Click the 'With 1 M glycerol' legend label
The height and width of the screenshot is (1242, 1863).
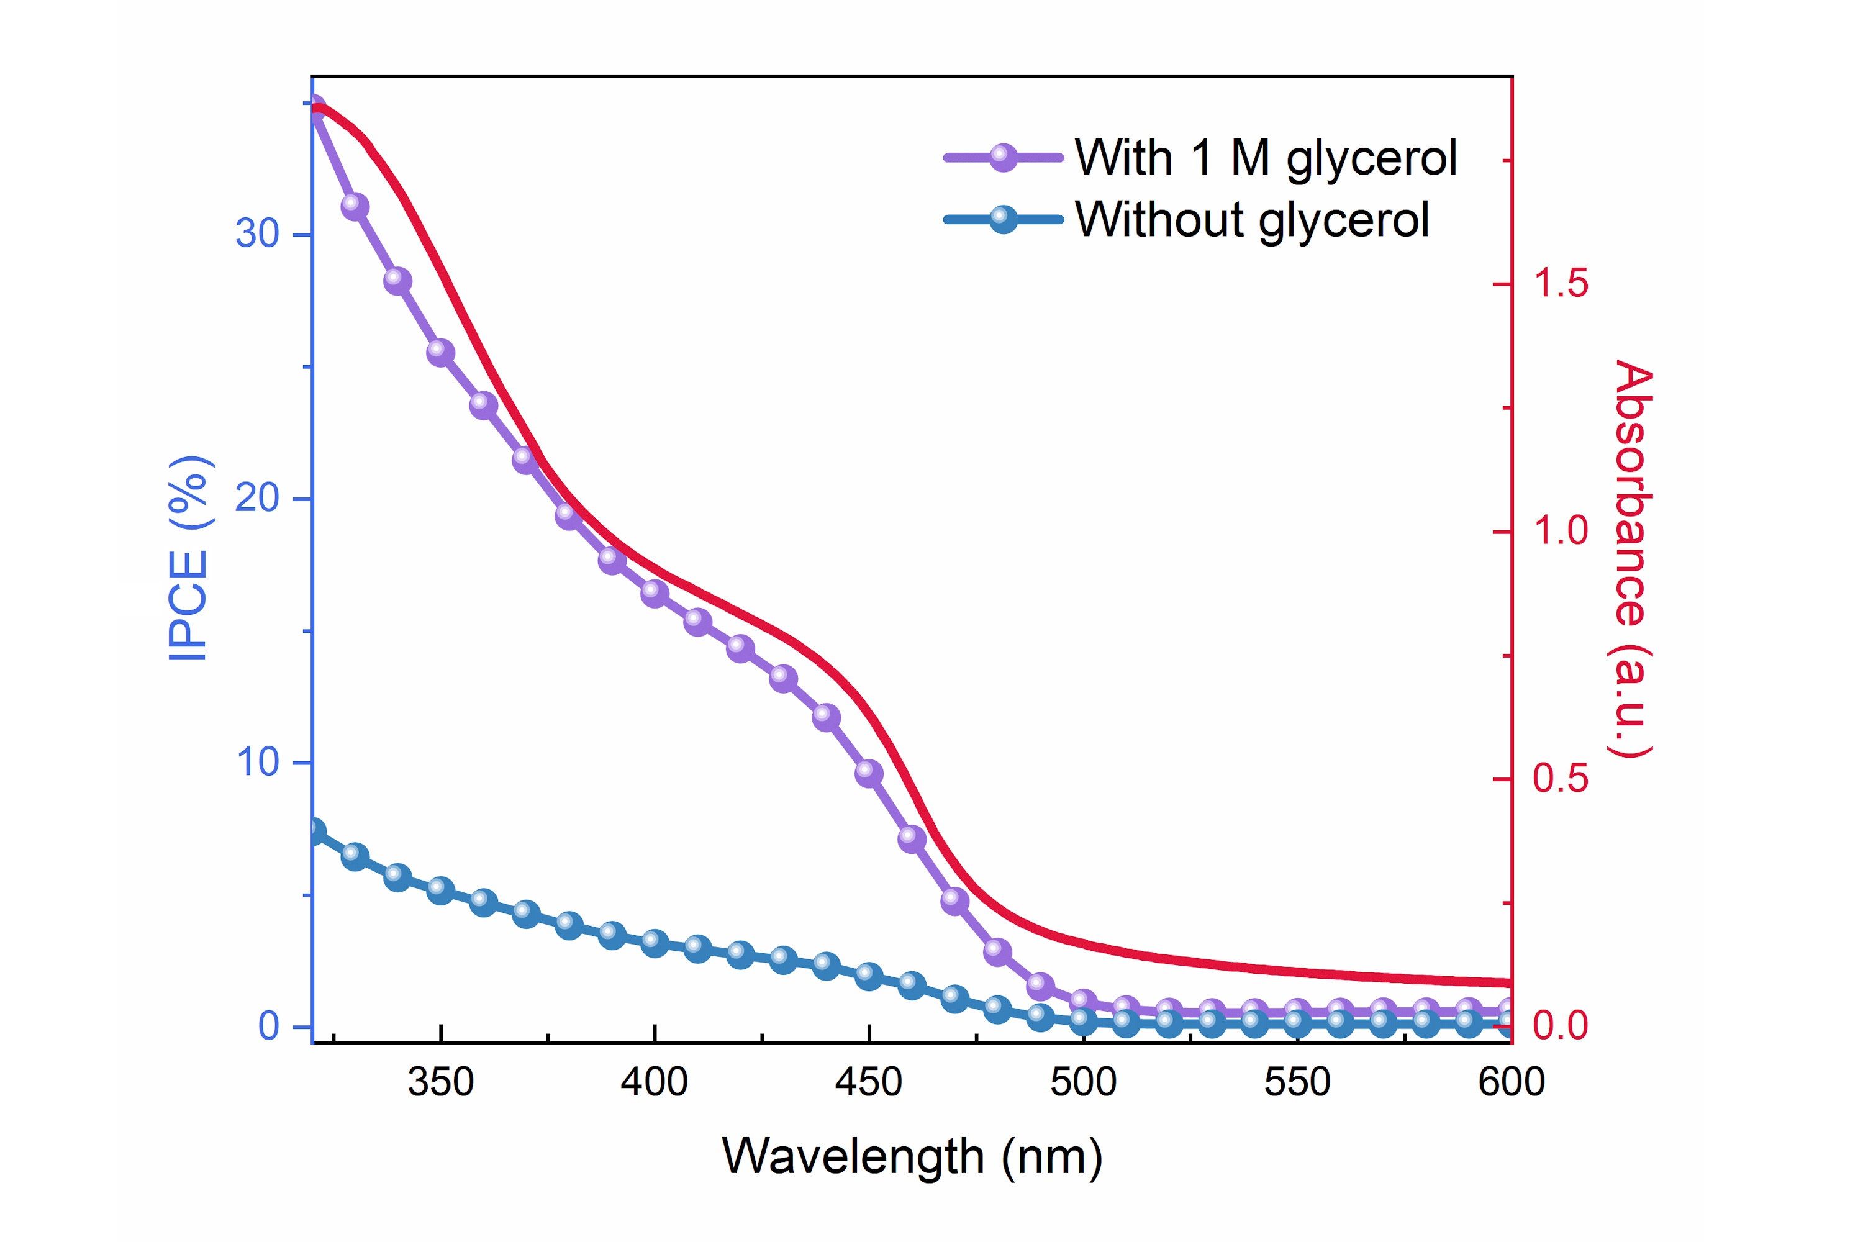point(1265,158)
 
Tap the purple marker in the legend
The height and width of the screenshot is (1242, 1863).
point(1003,158)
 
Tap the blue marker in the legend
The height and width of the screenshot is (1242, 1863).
point(1003,219)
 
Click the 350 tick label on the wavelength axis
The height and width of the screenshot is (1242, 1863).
point(440,1082)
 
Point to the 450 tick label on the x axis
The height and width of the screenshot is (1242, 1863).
point(869,1082)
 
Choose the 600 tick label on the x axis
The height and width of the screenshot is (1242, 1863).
point(1510,1082)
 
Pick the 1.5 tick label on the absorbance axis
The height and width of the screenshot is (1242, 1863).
point(1559,284)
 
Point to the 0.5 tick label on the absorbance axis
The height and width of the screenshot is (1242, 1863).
point(1559,779)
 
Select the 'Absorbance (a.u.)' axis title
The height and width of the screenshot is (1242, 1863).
point(1633,558)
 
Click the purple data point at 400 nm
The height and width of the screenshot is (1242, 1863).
point(655,592)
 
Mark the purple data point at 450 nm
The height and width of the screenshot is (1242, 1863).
point(869,773)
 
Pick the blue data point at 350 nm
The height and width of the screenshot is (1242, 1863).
point(440,891)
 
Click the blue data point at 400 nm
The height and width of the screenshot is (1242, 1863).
point(655,943)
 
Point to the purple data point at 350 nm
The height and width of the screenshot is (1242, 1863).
point(440,351)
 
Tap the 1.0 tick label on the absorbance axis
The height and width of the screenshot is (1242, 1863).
point(1559,531)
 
